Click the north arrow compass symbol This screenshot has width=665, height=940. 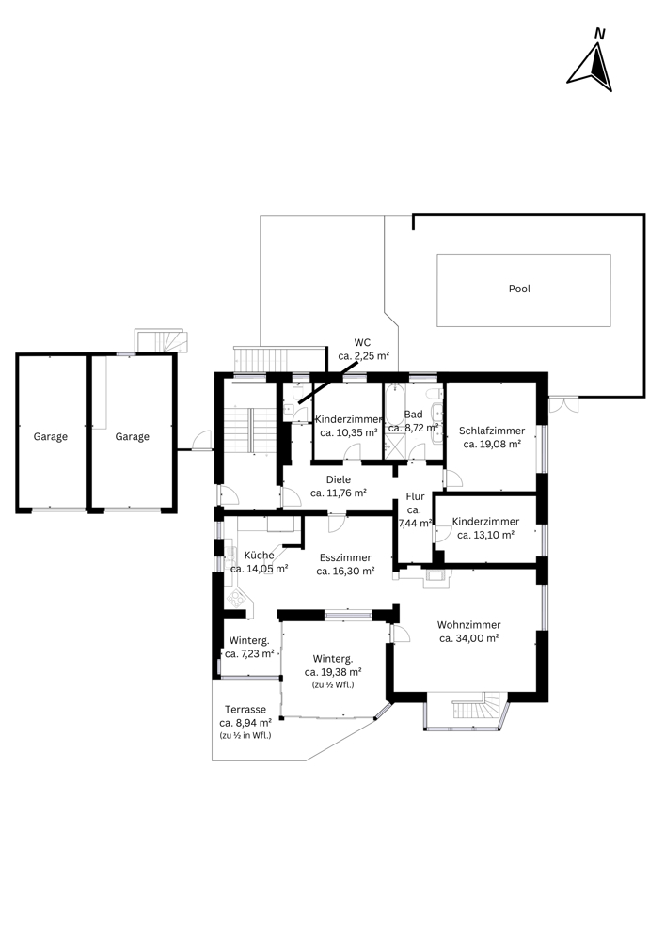pyautogui.click(x=591, y=60)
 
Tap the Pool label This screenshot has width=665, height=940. pyautogui.click(x=519, y=289)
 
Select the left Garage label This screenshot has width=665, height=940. pyautogui.click(x=51, y=436)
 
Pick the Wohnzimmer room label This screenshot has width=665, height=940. pyautogui.click(x=469, y=625)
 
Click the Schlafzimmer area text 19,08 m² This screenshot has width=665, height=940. pyautogui.click(x=492, y=445)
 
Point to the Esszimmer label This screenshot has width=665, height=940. pyautogui.click(x=345, y=557)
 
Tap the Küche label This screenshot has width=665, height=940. pyautogui.click(x=259, y=556)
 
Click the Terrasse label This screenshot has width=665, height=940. pyautogui.click(x=245, y=709)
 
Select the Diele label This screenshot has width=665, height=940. pyautogui.click(x=339, y=479)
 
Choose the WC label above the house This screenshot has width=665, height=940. pyautogui.click(x=362, y=343)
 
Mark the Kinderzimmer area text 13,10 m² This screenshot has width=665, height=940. pyautogui.click(x=485, y=536)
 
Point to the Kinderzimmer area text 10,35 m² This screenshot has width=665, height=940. pyautogui.click(x=348, y=432)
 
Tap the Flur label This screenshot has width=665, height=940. pyautogui.click(x=415, y=496)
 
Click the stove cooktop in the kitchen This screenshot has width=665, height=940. pyautogui.click(x=236, y=598)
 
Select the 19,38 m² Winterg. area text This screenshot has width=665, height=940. pyautogui.click(x=333, y=673)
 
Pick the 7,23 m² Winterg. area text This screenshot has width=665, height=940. pyautogui.click(x=249, y=654)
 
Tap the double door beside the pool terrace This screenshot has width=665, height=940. pyautogui.click(x=563, y=404)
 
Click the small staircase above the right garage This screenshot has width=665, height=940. pyautogui.click(x=161, y=340)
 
